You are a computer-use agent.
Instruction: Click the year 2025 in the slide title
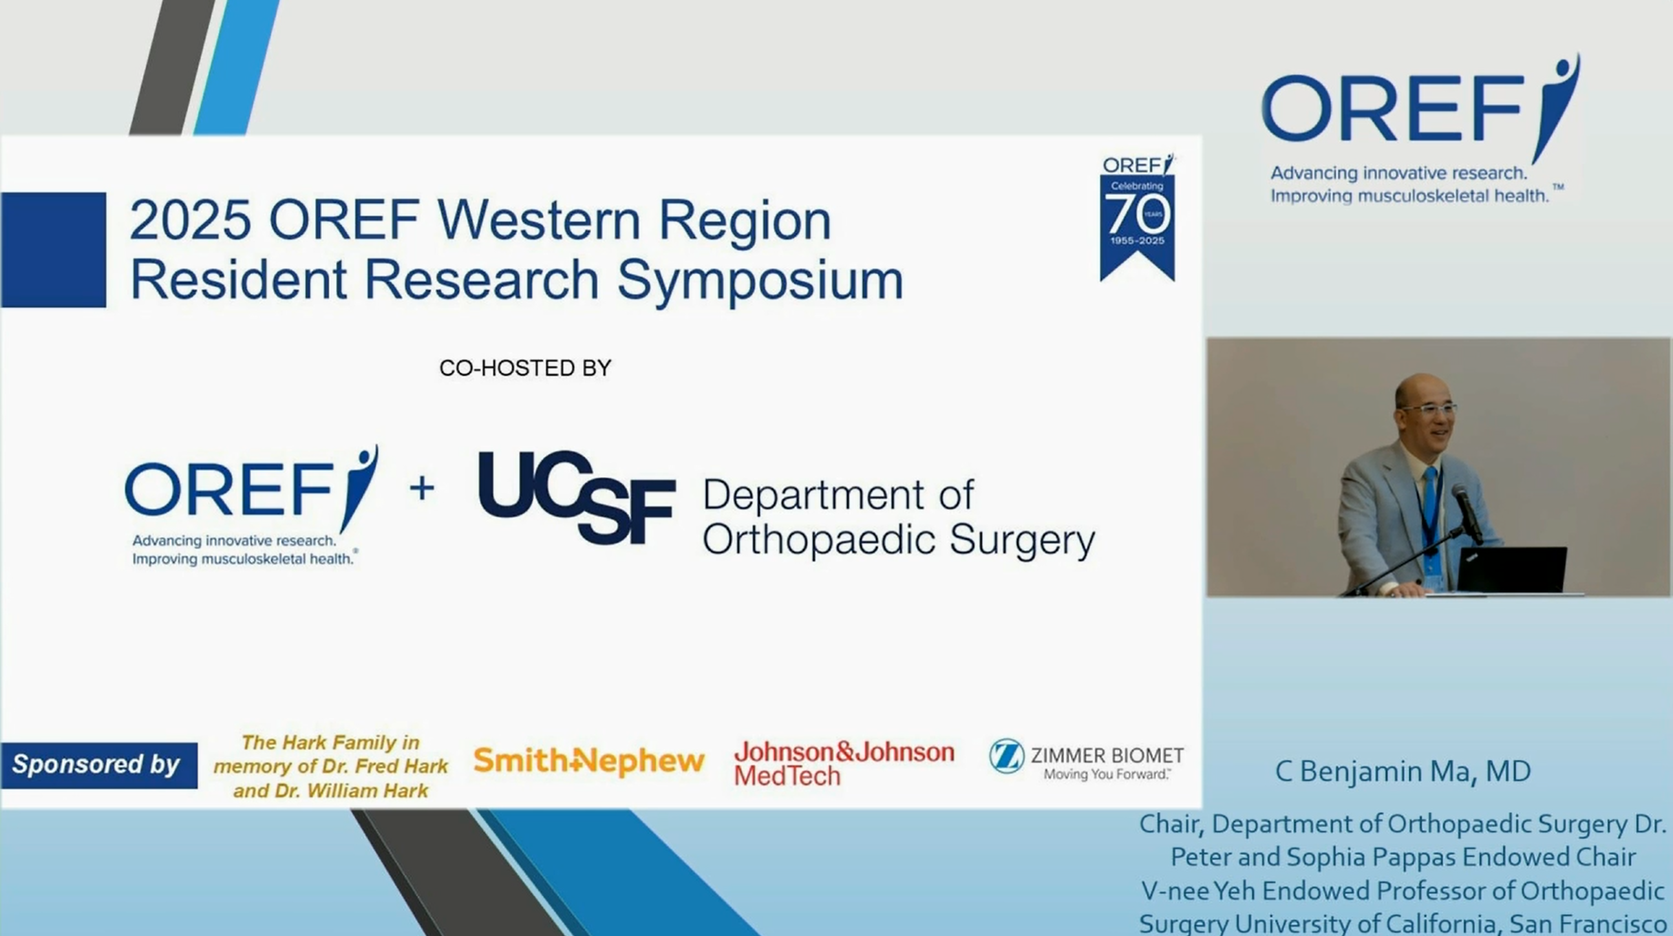(190, 220)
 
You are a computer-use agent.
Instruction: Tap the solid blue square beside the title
(54, 249)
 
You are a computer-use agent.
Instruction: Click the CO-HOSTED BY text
(525, 368)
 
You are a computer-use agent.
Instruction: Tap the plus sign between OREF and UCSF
(422, 488)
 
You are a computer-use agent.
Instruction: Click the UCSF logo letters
(577, 497)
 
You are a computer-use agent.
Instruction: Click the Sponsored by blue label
(98, 765)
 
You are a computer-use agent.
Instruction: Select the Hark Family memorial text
(330, 766)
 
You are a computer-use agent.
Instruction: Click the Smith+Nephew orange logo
(589, 760)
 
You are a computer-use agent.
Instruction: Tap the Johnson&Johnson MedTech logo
(844, 763)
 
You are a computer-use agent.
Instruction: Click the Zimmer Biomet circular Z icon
(1006, 756)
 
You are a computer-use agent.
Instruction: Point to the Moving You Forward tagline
(1107, 774)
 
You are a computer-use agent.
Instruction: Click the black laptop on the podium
(1512, 568)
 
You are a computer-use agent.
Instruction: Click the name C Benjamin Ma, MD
(1403, 771)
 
